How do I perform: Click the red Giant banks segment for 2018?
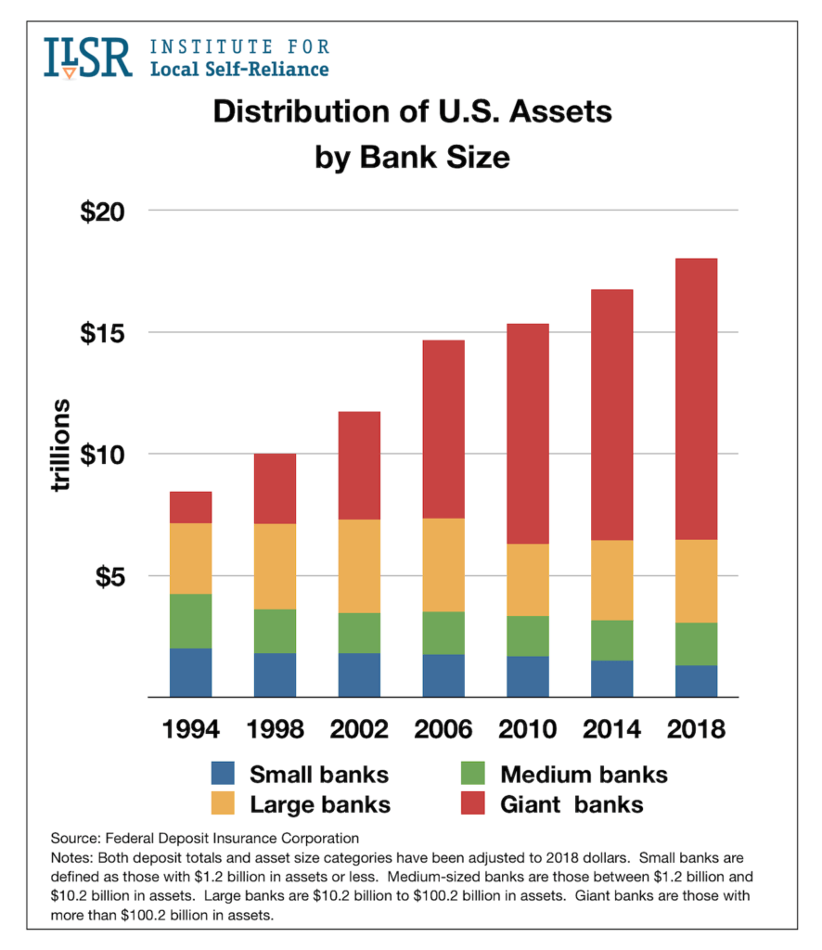click(696, 399)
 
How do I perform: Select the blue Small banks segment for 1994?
click(190, 673)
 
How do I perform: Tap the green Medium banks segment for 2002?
click(359, 633)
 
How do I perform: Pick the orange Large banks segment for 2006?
click(443, 565)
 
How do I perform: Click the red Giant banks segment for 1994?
click(190, 507)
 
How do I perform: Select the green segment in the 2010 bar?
click(528, 635)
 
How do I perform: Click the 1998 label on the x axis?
click(276, 729)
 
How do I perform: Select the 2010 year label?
click(528, 729)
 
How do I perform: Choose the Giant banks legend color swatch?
click(476, 803)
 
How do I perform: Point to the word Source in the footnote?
click(74, 838)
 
